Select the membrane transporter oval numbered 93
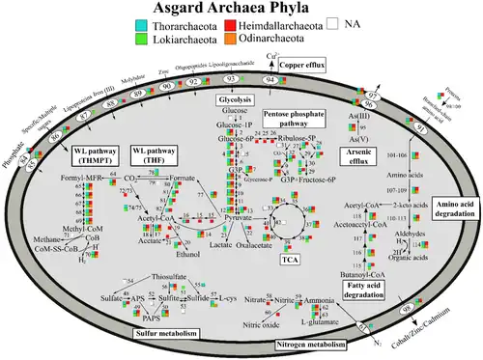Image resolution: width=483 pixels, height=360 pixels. (232, 78)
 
